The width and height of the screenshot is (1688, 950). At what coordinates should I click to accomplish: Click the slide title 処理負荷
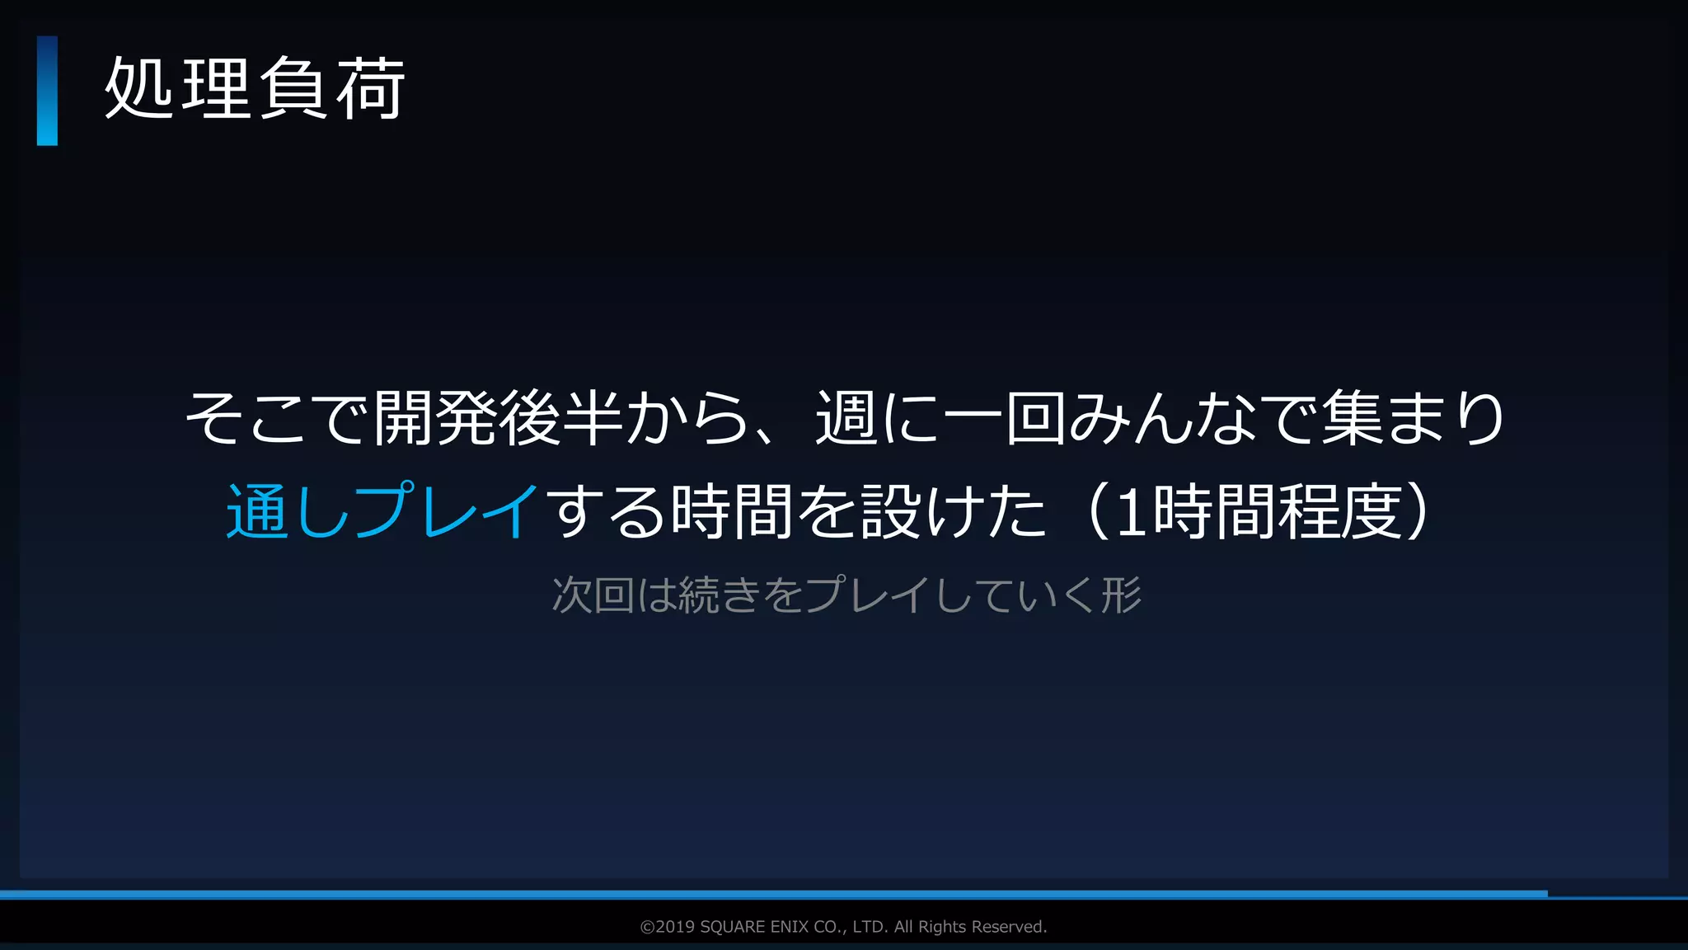255,89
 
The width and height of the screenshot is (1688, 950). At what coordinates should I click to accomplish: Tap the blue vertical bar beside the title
47,91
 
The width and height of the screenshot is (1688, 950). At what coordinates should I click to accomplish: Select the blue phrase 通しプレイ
382,511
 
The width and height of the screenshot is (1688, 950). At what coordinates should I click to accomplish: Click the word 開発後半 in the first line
498,418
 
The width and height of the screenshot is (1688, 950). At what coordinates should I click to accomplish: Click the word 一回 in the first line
1004,418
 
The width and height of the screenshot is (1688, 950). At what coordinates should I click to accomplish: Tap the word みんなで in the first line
1193,418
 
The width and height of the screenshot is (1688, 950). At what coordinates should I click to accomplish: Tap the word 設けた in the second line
953,511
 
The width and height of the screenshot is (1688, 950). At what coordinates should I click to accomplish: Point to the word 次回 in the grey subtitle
592,595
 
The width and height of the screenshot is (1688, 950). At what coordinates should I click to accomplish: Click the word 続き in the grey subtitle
719,595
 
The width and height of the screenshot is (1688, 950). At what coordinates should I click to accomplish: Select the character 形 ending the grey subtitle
1122,595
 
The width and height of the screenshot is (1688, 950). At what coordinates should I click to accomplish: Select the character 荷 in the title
370,89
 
